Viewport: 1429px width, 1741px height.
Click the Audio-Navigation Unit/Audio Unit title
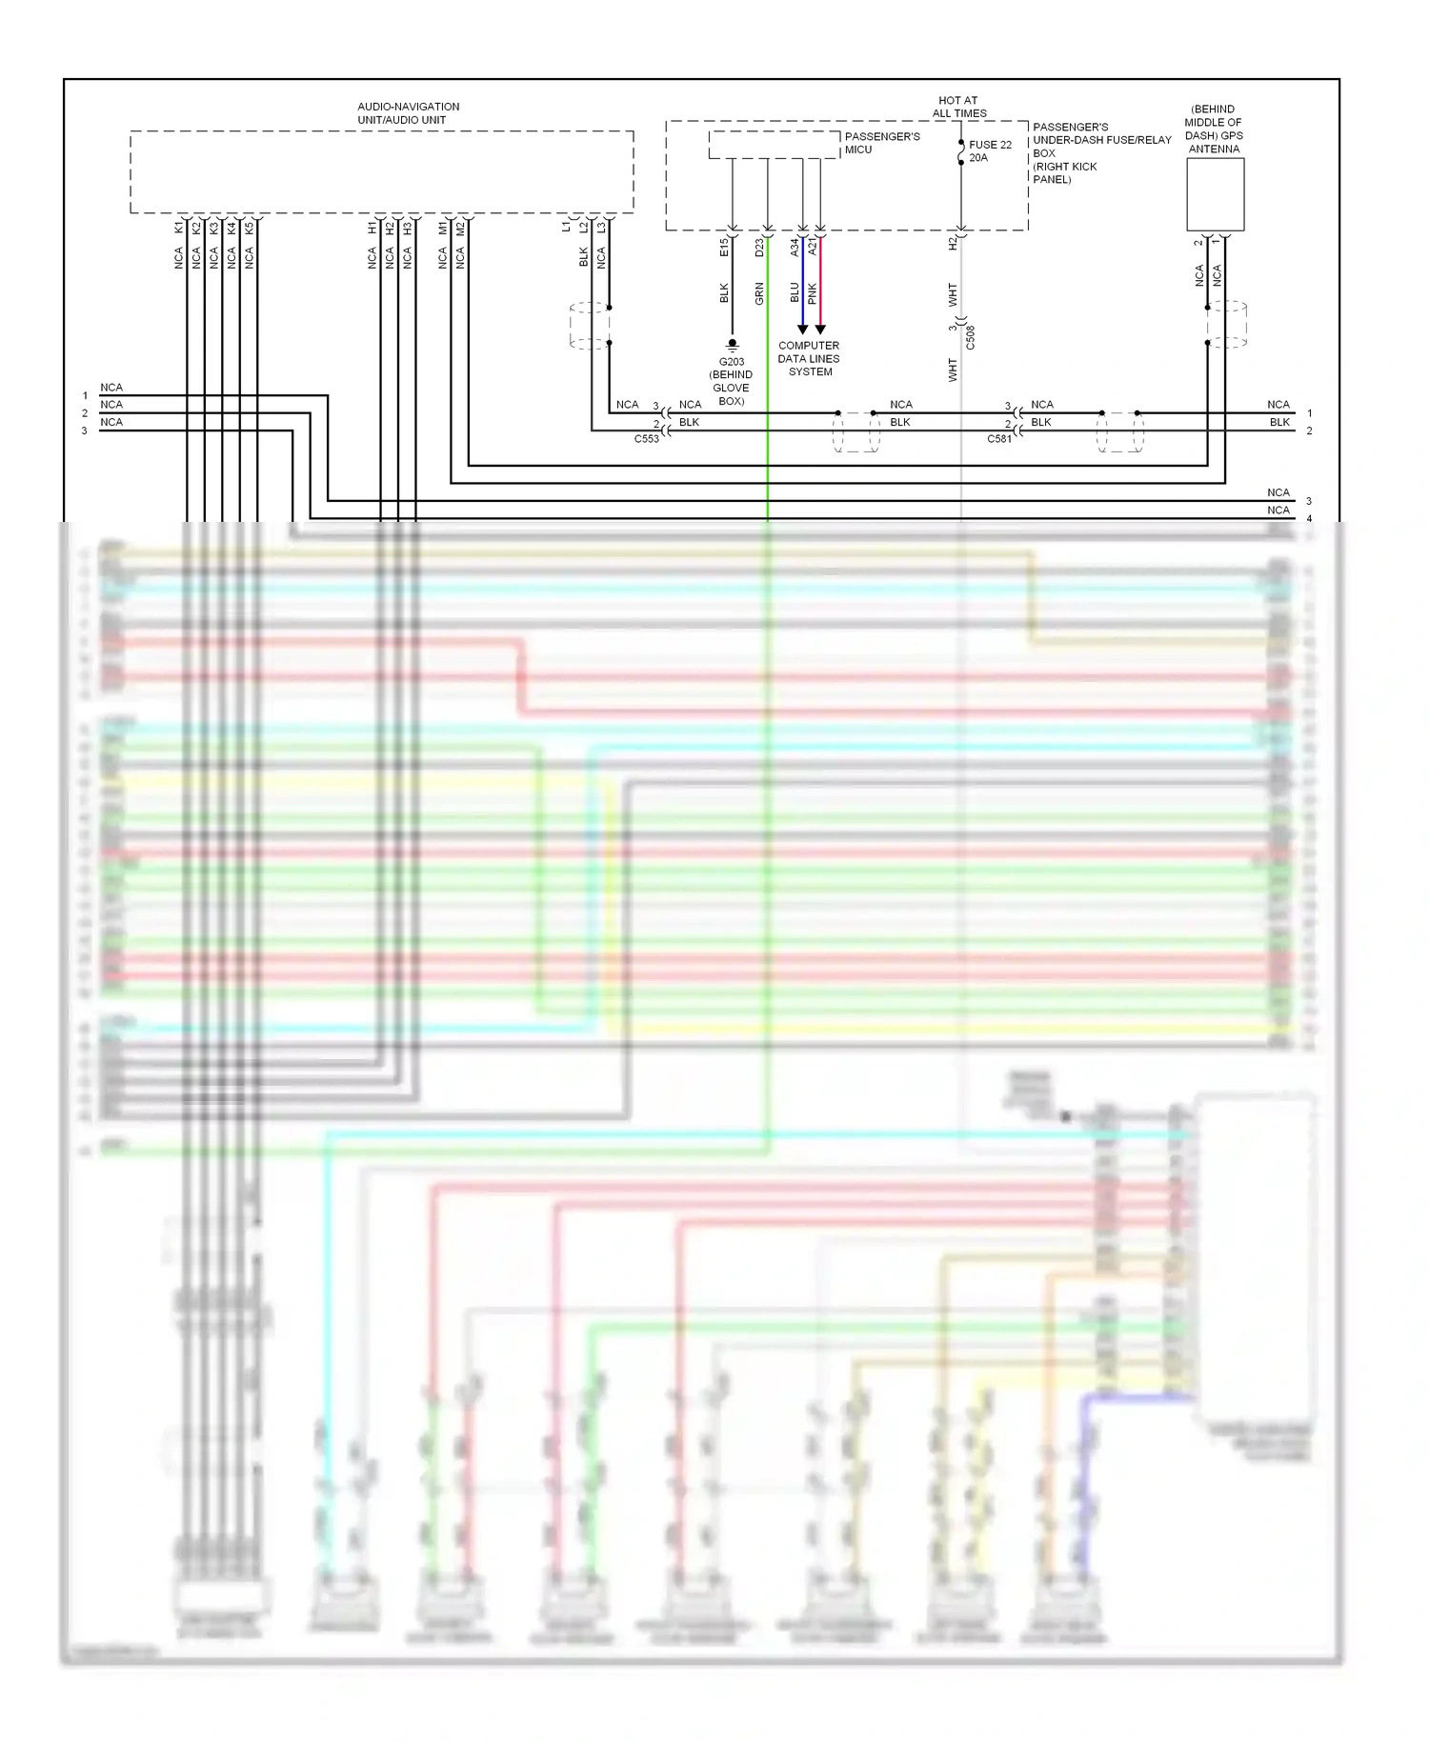[408, 113]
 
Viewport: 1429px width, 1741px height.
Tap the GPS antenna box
[1215, 194]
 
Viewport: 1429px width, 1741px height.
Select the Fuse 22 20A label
[990, 151]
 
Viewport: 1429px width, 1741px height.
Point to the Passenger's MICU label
[882, 143]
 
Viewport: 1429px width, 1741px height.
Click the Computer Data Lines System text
[809, 359]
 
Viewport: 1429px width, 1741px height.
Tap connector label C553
[647, 439]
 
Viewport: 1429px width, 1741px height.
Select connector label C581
[999, 439]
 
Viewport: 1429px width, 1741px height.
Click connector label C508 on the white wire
[970, 337]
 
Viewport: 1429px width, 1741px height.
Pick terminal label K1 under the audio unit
[178, 228]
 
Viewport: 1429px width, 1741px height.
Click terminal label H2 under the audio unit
[390, 228]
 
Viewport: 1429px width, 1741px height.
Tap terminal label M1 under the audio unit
[442, 228]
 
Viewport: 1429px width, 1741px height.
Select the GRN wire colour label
[759, 293]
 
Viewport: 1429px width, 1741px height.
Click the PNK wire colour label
[813, 293]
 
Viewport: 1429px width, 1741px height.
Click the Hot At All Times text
[958, 107]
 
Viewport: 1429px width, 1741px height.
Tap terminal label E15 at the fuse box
[724, 247]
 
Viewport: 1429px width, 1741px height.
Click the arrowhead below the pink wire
[820, 330]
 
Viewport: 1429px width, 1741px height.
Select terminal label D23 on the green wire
[759, 247]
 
